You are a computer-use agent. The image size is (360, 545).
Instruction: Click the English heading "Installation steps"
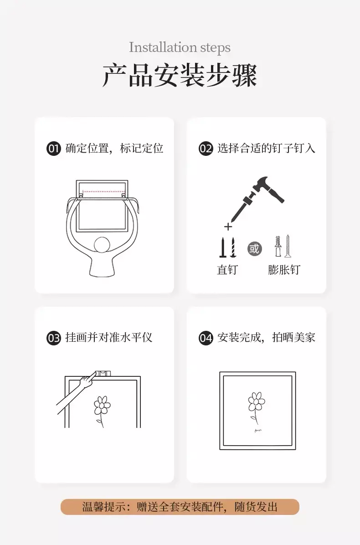point(180,47)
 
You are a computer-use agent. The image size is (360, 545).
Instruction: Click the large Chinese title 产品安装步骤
point(180,75)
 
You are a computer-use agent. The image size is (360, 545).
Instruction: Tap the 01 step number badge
point(53,149)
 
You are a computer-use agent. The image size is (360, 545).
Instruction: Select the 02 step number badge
point(206,149)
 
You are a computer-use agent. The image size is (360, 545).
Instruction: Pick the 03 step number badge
point(53,338)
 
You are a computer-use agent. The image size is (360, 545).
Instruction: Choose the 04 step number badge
point(206,338)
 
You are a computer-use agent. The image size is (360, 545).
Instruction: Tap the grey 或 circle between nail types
point(254,249)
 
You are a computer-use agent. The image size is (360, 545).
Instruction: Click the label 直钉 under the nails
point(227,270)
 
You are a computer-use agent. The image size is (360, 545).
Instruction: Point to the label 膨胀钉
point(284,270)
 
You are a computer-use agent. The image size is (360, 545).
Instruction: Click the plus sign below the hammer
point(228,227)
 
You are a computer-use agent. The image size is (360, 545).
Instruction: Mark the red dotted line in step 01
point(103,191)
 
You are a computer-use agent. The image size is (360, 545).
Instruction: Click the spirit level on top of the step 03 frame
point(103,374)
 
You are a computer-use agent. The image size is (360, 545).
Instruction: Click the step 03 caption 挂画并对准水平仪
point(109,338)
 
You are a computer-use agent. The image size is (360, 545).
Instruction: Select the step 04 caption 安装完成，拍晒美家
point(266,338)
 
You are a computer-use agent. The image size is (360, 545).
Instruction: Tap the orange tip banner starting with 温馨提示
point(180,507)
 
